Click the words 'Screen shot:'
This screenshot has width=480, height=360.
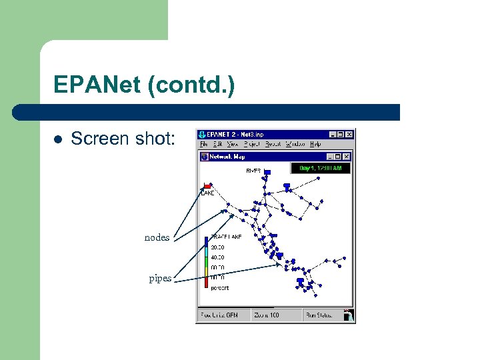coord(123,139)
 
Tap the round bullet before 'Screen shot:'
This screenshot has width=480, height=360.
coord(58,139)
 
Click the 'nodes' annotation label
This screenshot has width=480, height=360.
coord(157,238)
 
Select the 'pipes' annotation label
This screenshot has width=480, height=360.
coord(160,278)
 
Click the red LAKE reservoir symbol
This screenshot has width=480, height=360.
coord(207,185)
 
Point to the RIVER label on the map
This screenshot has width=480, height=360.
coord(253,171)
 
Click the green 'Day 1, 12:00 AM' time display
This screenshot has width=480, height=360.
coord(321,169)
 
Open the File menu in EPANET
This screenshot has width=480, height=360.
coord(204,144)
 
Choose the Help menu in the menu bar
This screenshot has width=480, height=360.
coord(315,144)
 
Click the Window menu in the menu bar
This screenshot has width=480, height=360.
coord(295,144)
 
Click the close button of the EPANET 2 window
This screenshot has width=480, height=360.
coord(349,135)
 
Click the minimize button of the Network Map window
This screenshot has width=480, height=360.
coord(329,157)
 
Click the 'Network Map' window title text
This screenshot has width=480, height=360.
coord(227,157)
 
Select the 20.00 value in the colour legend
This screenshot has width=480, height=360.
coord(218,246)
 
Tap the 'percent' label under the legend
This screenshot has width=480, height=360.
coord(219,288)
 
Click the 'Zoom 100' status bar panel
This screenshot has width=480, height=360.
coord(266,315)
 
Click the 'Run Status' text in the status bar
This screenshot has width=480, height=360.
coord(319,315)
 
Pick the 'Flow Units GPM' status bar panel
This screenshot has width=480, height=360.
coord(223,315)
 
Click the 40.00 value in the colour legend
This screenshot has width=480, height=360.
coord(218,257)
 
